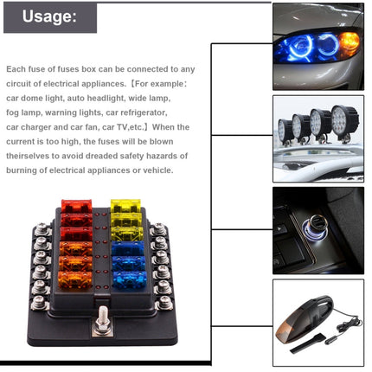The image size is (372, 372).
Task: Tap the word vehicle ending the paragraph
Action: (159, 170)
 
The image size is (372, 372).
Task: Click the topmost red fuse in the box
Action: (75, 208)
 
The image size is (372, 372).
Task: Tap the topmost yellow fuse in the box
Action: (123, 208)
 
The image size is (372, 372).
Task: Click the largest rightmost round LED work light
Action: (345, 123)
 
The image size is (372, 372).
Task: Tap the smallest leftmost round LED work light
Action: (283, 131)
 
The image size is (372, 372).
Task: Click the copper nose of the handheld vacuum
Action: (290, 319)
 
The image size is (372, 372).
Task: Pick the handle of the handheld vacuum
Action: (325, 302)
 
